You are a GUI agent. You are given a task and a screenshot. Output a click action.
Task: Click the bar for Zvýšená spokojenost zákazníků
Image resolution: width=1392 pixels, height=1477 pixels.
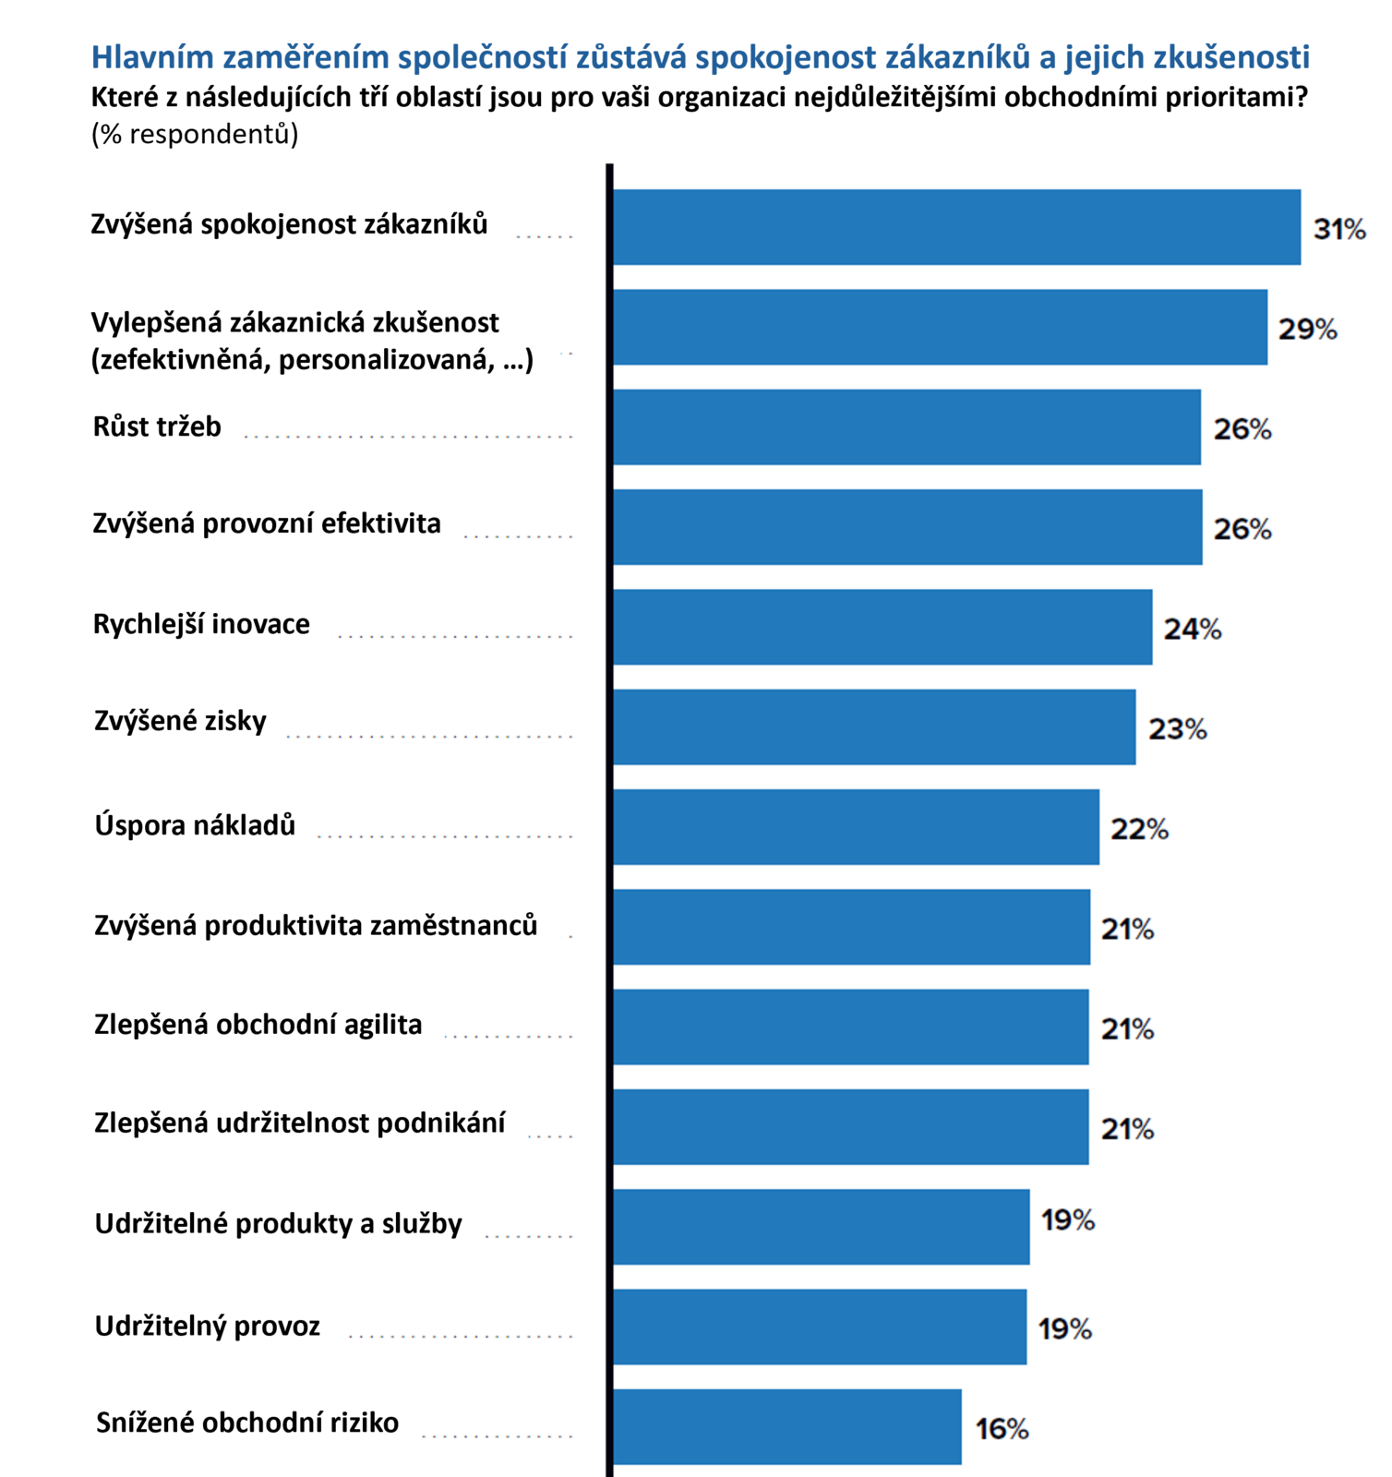point(956,227)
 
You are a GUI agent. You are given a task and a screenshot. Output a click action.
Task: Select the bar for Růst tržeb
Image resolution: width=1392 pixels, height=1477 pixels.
point(906,426)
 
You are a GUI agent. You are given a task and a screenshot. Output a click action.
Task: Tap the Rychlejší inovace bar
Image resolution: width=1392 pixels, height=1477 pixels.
point(882,627)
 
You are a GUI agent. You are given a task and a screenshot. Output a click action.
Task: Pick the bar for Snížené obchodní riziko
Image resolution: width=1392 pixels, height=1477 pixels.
point(786,1426)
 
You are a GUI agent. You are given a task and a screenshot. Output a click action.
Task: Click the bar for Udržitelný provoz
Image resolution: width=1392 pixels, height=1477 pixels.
point(820,1327)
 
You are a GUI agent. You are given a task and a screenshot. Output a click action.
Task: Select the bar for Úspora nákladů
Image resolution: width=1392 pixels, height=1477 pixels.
point(856,826)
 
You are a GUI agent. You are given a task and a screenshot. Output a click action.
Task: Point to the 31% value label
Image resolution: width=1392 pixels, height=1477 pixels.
point(1339,229)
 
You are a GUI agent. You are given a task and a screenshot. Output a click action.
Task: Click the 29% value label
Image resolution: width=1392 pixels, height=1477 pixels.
point(1307,329)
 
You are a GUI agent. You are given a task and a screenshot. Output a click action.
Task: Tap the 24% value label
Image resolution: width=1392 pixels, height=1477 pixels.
point(1192,629)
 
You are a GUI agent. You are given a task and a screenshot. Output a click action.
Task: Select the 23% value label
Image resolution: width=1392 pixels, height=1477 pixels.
point(1177,729)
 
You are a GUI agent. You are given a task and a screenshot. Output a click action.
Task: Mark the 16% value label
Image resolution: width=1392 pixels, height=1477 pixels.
point(1002,1429)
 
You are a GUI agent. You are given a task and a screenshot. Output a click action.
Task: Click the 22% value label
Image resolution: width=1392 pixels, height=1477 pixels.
point(1139,829)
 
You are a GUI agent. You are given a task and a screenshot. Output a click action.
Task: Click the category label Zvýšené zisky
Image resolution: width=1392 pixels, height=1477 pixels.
point(180,721)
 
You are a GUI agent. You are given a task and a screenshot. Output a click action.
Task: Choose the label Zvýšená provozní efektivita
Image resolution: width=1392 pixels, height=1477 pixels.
point(267,523)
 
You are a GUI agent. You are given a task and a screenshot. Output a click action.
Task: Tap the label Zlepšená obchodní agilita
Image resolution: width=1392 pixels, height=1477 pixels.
point(258,1025)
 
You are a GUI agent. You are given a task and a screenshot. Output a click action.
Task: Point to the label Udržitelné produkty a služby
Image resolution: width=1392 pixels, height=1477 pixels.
point(278,1224)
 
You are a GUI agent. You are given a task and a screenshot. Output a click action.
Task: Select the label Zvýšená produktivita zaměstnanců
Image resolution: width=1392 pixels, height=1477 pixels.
point(316,925)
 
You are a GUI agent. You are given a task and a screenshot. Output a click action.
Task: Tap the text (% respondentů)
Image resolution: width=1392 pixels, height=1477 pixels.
point(195,135)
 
